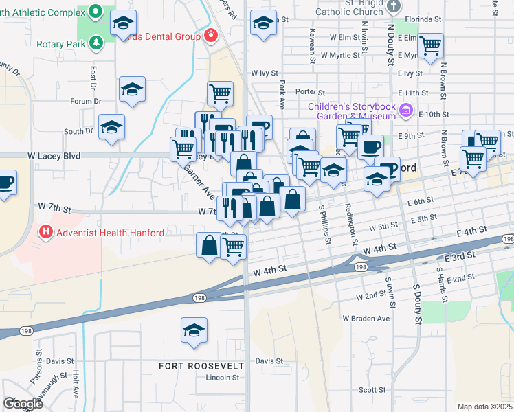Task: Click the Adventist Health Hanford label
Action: pyautogui.click(x=110, y=233)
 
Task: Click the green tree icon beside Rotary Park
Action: pyautogui.click(x=96, y=43)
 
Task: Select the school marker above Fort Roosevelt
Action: pyautogui.click(x=194, y=330)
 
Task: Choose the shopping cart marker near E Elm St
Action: pyautogui.click(x=430, y=46)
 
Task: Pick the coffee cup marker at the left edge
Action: pyautogui.click(x=5, y=183)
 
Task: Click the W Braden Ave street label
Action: pyautogui.click(x=366, y=319)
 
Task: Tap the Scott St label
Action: pyautogui.click(x=372, y=389)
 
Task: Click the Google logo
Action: pyautogui.click(x=23, y=403)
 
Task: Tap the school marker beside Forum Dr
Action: pyautogui.click(x=132, y=89)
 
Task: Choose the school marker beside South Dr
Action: pyautogui.click(x=111, y=127)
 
